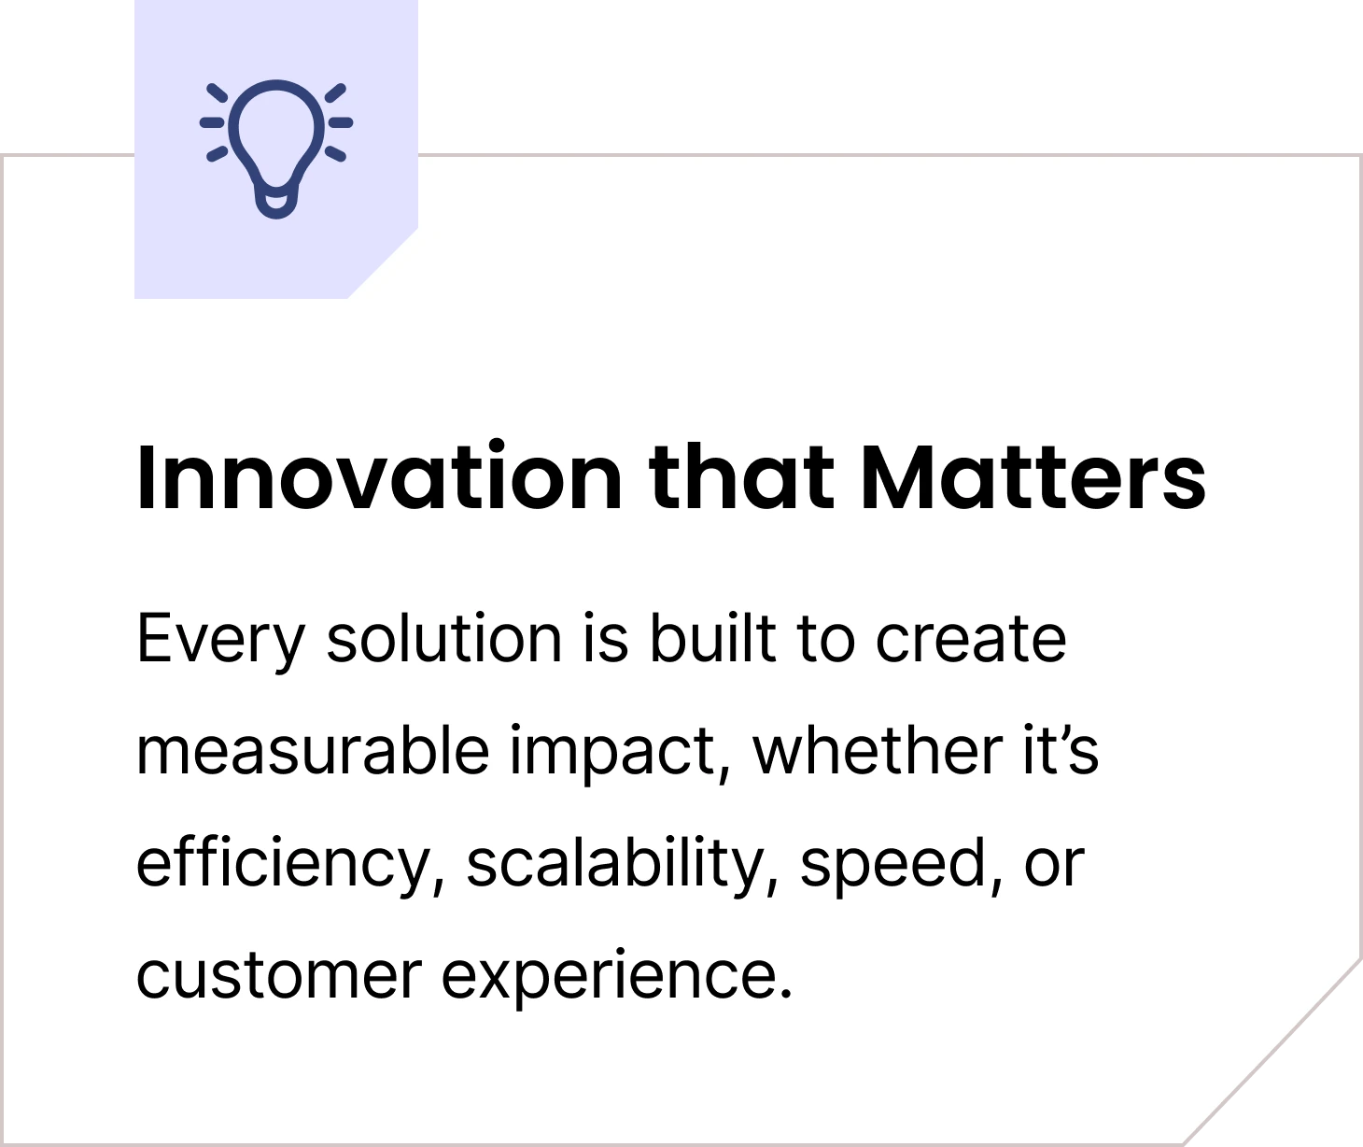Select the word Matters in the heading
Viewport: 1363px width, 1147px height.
[1033, 478]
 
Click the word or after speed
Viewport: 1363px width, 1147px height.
[1054, 864]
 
